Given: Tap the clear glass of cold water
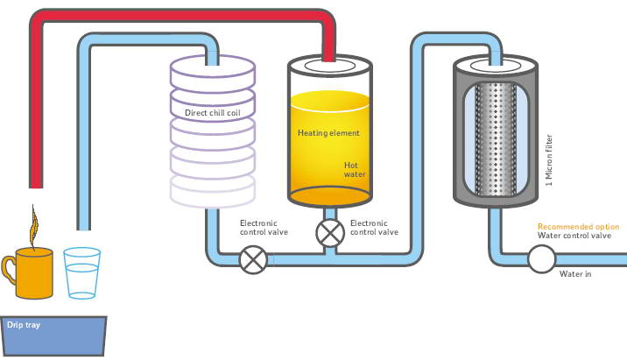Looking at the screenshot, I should click(82, 273).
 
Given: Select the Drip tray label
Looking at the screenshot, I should click(21, 325).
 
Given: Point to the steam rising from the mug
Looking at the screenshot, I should click(34, 226).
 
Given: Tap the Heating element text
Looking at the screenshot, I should click(328, 132).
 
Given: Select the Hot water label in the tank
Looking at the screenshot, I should click(354, 168).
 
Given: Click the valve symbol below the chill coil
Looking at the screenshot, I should click(254, 259).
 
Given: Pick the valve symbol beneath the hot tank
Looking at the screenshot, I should click(330, 233).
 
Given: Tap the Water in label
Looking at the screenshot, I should click(575, 273).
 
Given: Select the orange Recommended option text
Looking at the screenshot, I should click(578, 226).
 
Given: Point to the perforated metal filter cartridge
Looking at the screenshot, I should click(493, 140).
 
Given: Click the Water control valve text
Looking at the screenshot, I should click(574, 236).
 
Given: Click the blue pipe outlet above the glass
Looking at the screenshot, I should click(84, 224).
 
